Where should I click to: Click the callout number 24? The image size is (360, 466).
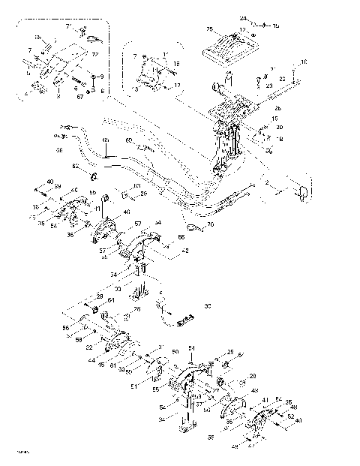point(242,17)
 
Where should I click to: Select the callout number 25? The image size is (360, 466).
point(209,29)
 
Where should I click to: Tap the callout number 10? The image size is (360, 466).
point(303,62)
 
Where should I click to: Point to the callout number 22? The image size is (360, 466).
point(282,78)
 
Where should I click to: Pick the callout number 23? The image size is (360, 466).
point(268,86)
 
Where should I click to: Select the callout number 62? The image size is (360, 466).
point(75,165)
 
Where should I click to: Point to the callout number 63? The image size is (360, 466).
point(136,186)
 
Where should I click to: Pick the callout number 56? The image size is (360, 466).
point(65,328)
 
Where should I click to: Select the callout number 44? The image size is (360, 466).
point(89,361)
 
